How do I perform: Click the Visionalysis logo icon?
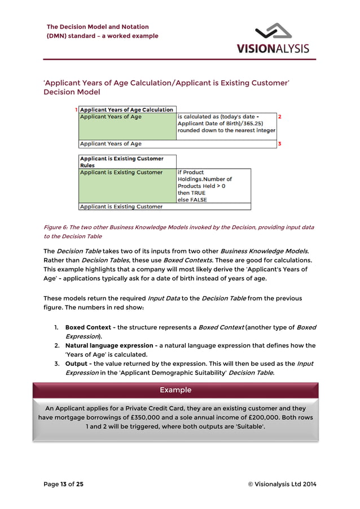(x=273, y=32)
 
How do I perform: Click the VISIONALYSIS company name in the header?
(x=273, y=49)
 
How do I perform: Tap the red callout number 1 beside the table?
(x=76, y=109)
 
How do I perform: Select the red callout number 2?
(x=280, y=117)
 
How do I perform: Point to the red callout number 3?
(x=280, y=144)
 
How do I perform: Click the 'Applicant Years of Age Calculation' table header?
(x=127, y=109)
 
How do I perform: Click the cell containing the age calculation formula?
(x=226, y=124)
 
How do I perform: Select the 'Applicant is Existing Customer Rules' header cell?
(x=127, y=162)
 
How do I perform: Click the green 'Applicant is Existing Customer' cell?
(x=127, y=186)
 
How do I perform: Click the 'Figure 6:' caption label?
(x=56, y=227)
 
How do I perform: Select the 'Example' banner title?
(x=175, y=390)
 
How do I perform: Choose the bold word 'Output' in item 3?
(x=78, y=363)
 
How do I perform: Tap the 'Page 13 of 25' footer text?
(x=64, y=484)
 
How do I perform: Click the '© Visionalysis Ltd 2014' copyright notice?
(x=282, y=484)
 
